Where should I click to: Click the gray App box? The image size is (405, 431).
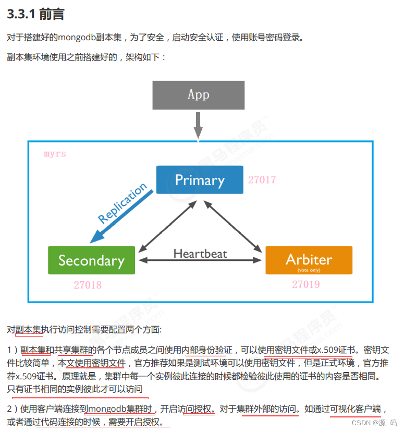point(198,94)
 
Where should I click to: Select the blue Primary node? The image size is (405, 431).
point(200,180)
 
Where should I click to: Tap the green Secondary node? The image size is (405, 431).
point(91,260)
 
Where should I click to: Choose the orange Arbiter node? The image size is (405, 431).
point(309,259)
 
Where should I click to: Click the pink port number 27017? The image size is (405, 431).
point(262,180)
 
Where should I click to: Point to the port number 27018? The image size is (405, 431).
point(88,285)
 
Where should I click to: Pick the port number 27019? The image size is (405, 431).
point(306,284)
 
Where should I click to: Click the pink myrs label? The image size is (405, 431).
point(55,154)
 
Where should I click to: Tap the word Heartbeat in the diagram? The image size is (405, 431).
point(200,254)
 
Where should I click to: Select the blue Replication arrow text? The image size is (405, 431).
point(122,203)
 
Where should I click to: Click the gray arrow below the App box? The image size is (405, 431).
point(198,125)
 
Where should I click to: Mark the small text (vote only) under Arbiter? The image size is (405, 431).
point(309,270)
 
